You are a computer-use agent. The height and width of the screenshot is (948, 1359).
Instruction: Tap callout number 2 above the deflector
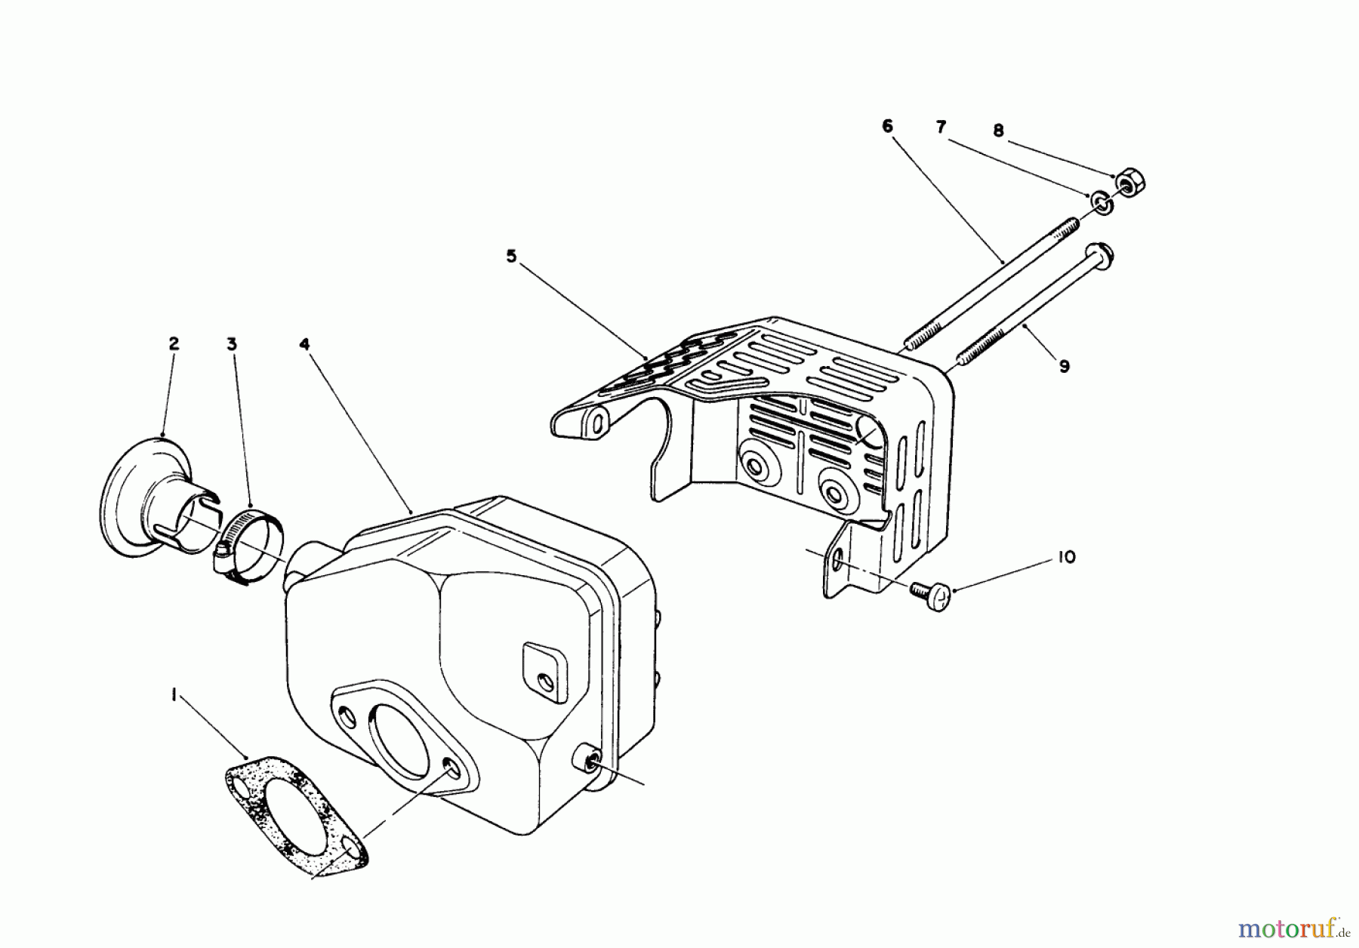click(174, 344)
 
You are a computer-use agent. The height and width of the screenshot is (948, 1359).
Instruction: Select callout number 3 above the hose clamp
click(232, 344)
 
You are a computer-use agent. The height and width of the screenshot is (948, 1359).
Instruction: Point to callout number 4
click(304, 344)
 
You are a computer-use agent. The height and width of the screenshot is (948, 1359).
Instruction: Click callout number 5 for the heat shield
click(511, 257)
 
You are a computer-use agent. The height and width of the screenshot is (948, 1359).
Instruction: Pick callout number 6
click(887, 126)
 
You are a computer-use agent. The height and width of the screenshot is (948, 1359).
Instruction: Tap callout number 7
click(941, 128)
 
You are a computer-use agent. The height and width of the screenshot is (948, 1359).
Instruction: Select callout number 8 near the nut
click(998, 131)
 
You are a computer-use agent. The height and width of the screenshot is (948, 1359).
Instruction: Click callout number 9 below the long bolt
click(1064, 367)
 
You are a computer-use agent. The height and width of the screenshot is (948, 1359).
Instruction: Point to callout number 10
click(1067, 557)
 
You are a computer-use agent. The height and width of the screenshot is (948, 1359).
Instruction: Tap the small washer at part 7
click(1099, 202)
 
